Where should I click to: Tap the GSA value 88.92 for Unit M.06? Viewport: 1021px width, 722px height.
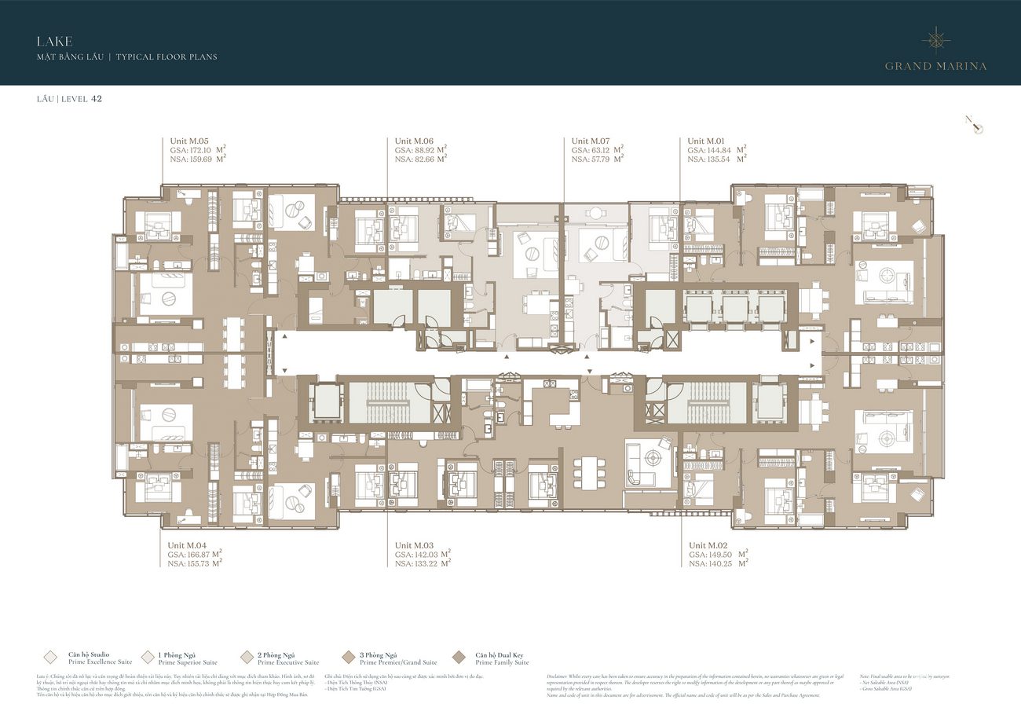[x=429, y=149]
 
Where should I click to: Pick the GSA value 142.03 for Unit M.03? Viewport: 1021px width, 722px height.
[x=429, y=554]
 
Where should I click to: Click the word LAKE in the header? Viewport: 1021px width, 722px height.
[x=54, y=41]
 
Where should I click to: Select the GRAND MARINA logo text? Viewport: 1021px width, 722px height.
[x=935, y=66]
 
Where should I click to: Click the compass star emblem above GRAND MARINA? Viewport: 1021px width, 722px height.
[x=935, y=38]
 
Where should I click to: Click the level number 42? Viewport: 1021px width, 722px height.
[x=97, y=99]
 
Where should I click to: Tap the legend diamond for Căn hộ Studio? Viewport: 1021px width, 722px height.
[x=51, y=658]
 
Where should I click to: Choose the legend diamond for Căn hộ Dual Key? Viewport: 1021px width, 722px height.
[x=459, y=658]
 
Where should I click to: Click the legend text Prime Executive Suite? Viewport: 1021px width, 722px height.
[x=288, y=662]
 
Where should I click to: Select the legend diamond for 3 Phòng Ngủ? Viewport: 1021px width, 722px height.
[x=348, y=658]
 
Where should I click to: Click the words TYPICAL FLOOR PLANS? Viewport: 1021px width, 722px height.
[x=167, y=57]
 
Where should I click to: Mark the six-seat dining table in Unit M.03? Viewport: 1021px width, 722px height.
[x=588, y=473]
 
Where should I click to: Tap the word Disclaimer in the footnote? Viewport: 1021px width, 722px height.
[x=562, y=676]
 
